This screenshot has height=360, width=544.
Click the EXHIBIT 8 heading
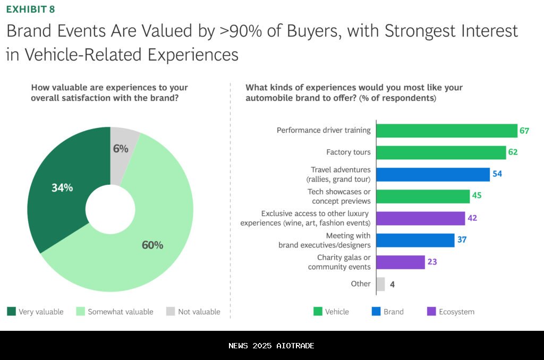pyautogui.click(x=30, y=9)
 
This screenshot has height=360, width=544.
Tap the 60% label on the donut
pyautogui.click(x=152, y=245)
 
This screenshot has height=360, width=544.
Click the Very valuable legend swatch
pyautogui.click(x=11, y=311)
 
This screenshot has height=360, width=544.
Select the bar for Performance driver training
pyautogui.click(x=446, y=131)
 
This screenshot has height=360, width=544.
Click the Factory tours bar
pyautogui.click(x=441, y=152)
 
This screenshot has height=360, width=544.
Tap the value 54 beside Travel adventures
pyautogui.click(x=497, y=174)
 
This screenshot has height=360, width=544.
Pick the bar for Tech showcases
pyautogui.click(x=423, y=196)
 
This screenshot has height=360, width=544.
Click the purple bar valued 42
pyautogui.click(x=420, y=218)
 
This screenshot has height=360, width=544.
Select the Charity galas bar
pyautogui.click(x=401, y=262)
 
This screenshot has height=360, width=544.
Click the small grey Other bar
pyautogui.click(x=380, y=284)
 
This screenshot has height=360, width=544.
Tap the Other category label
pyautogui.click(x=361, y=284)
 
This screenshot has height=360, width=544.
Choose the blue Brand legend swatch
pyautogui.click(x=376, y=311)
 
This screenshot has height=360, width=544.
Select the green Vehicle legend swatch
pyautogui.click(x=318, y=311)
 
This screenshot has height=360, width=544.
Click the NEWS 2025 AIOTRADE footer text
pyautogui.click(x=271, y=346)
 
